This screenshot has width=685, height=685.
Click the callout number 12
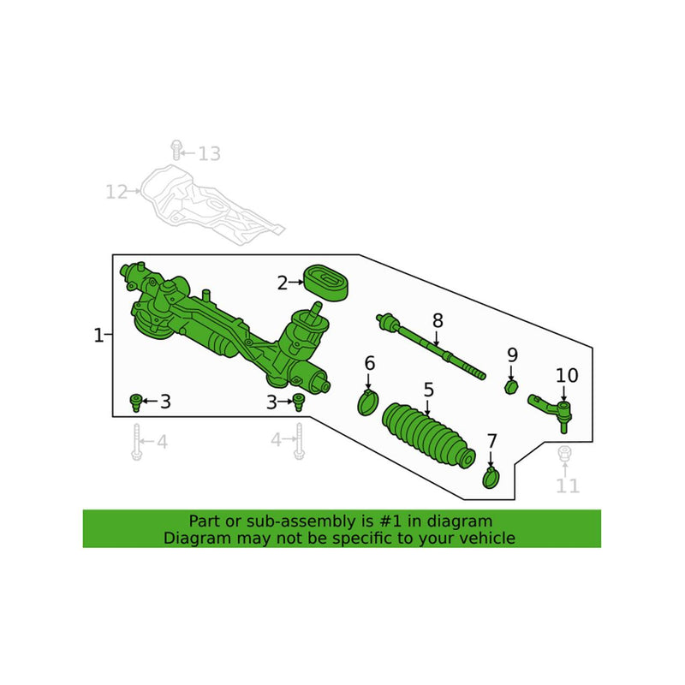pos(116,192)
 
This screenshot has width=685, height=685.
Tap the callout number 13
pos(209,154)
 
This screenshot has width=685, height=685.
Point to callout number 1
pos(98,335)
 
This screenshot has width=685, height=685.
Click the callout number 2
pos(282,283)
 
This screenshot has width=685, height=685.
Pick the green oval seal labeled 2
pos(325,283)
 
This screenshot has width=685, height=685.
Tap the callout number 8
pos(438,321)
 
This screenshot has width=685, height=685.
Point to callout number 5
pos(428,390)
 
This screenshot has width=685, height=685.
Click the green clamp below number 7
pos(491,476)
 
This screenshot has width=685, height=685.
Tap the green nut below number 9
pos(511,387)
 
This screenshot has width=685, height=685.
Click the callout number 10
pos(567,375)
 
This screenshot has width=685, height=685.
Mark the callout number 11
pos(567,486)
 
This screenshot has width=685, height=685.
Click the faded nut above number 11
pos(564,455)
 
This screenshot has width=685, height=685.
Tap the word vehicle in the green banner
pos(486,539)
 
